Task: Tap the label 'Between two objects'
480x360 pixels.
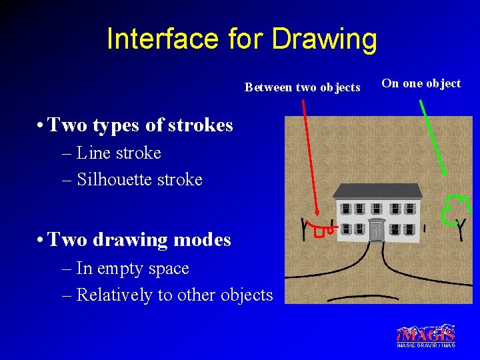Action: (302, 87)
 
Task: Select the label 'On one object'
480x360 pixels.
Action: (421, 83)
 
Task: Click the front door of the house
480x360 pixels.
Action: (377, 231)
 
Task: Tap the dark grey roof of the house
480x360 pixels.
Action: (377, 191)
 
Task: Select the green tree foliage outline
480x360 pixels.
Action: (453, 207)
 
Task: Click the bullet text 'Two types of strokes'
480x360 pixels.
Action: (140, 125)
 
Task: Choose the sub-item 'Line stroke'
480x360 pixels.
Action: (119, 153)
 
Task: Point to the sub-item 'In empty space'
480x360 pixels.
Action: (133, 269)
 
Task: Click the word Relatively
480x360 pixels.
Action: (115, 295)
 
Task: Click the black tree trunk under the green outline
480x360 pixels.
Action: (459, 229)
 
